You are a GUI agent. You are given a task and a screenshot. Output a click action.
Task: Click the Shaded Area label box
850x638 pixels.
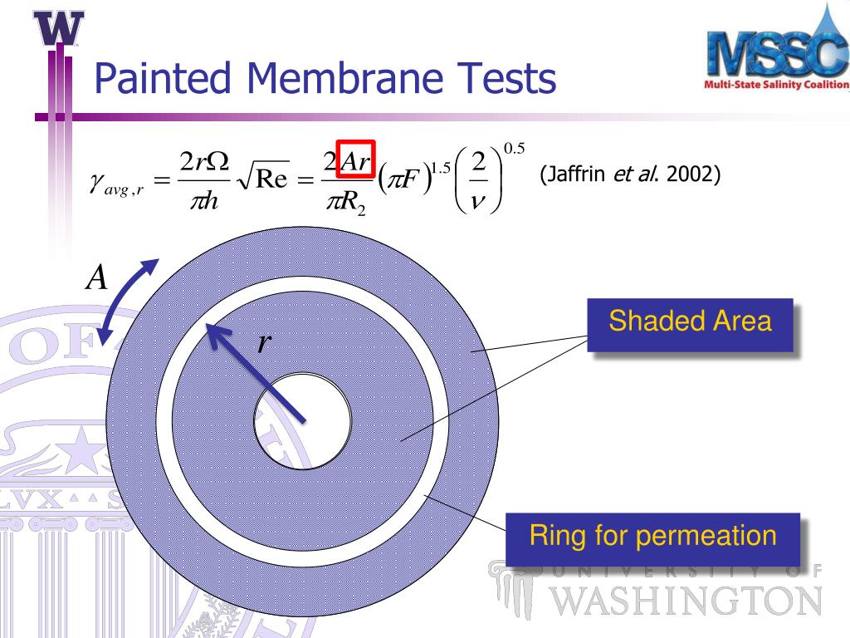pos(690,322)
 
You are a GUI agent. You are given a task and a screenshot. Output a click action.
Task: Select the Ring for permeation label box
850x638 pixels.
pos(652,536)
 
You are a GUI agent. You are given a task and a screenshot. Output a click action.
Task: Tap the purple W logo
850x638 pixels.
pos(60,29)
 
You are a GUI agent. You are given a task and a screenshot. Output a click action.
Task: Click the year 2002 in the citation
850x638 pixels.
pos(693,175)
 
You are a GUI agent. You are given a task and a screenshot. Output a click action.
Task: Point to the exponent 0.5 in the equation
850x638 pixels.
pos(515,150)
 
